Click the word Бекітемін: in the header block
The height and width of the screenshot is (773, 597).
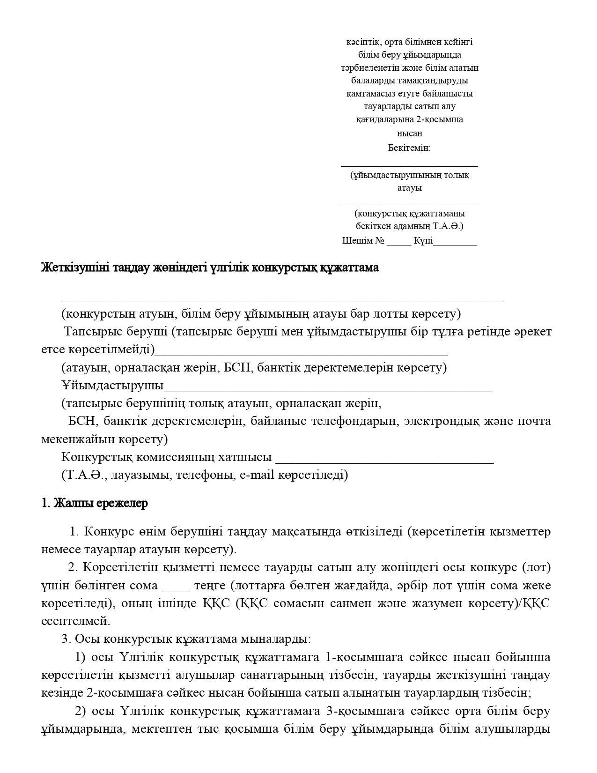click(409, 148)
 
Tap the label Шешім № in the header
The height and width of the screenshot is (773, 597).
click(363, 241)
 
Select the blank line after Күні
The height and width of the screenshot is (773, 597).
click(455, 243)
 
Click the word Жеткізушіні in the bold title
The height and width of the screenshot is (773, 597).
click(73, 268)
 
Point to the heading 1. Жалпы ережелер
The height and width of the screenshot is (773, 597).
click(95, 503)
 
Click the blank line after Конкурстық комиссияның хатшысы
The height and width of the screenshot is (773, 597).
click(384, 460)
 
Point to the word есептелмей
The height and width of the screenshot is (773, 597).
click(75, 621)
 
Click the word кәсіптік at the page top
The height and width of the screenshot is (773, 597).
click(362, 42)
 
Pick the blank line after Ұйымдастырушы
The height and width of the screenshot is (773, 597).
click(327, 389)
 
